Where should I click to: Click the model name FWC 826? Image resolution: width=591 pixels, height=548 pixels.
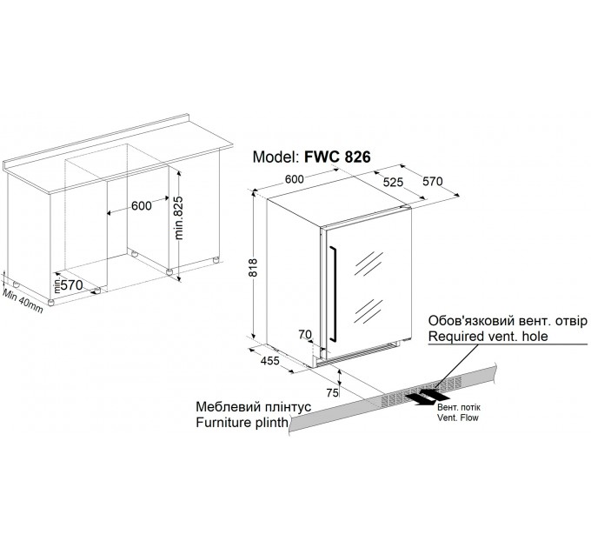(337, 158)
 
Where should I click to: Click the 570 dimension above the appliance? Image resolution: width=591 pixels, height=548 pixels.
(432, 183)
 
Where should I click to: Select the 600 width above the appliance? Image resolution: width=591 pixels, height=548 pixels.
(296, 178)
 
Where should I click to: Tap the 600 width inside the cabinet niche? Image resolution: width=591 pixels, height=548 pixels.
(142, 205)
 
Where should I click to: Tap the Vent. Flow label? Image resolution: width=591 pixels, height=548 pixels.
(457, 418)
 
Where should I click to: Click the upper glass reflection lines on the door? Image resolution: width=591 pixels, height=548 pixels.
(369, 264)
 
